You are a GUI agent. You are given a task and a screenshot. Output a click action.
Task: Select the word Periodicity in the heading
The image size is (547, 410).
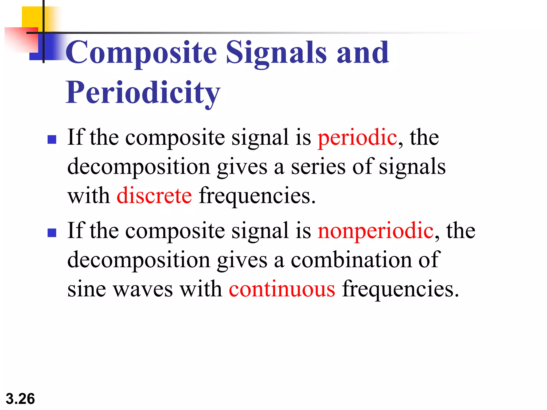[143, 93]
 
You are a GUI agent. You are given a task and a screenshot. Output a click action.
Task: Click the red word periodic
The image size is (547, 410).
[357, 138]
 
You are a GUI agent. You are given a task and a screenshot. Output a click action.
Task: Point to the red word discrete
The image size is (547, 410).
[154, 196]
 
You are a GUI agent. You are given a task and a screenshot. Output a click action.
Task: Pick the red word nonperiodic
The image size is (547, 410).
[376, 231]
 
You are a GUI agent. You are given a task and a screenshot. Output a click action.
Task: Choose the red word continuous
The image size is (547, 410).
[282, 289]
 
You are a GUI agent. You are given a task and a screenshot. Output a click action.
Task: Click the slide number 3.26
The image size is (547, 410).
[20, 399]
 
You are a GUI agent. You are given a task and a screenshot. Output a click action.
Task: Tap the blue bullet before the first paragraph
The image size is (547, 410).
[52, 139]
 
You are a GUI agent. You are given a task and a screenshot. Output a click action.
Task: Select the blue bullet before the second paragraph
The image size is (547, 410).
[52, 232]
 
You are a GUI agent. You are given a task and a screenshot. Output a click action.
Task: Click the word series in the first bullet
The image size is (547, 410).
[318, 167]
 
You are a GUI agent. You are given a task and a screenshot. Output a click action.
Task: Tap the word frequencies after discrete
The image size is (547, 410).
[257, 196]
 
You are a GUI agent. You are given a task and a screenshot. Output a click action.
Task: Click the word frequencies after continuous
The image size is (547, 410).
[400, 289]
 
